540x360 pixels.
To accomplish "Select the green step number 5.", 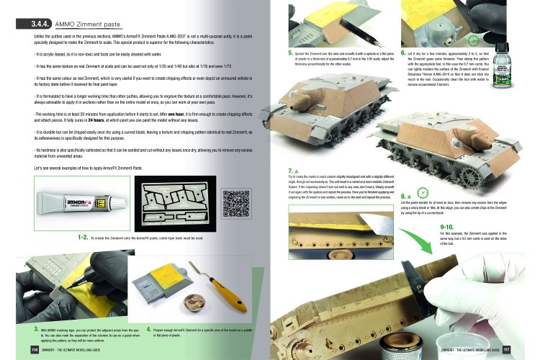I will (x=289, y=53).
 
